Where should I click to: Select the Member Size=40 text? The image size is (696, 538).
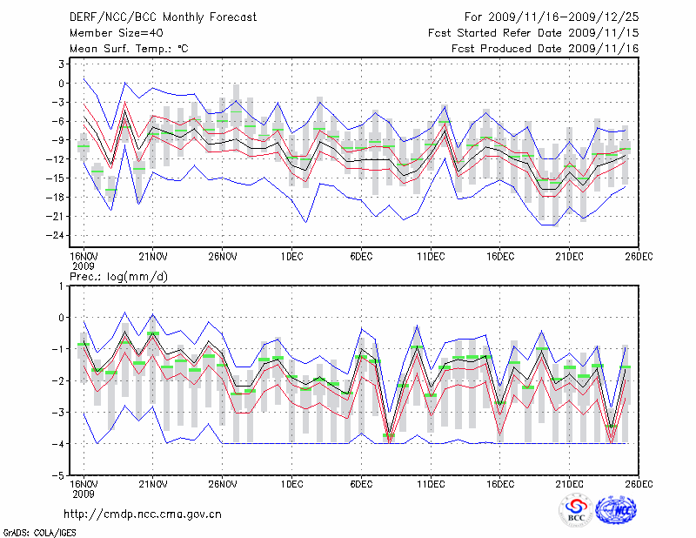[110, 33]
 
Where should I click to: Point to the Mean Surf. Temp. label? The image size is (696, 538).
[129, 49]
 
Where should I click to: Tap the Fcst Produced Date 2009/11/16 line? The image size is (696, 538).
[545, 49]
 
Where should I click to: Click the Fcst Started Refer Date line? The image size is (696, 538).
[534, 33]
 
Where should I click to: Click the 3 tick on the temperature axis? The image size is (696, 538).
[62, 64]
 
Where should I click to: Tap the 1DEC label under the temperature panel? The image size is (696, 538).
[291, 256]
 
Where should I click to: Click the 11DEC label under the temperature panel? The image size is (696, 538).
[431, 256]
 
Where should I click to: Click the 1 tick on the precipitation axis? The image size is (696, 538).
[63, 286]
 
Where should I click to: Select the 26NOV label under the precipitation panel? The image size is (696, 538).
[223, 483]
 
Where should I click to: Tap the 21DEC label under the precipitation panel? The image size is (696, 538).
[570, 483]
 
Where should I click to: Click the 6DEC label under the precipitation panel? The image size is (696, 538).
[361, 483]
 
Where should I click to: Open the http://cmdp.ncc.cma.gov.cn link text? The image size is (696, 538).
[143, 514]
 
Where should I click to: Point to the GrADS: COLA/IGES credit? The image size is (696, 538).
[31, 531]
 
